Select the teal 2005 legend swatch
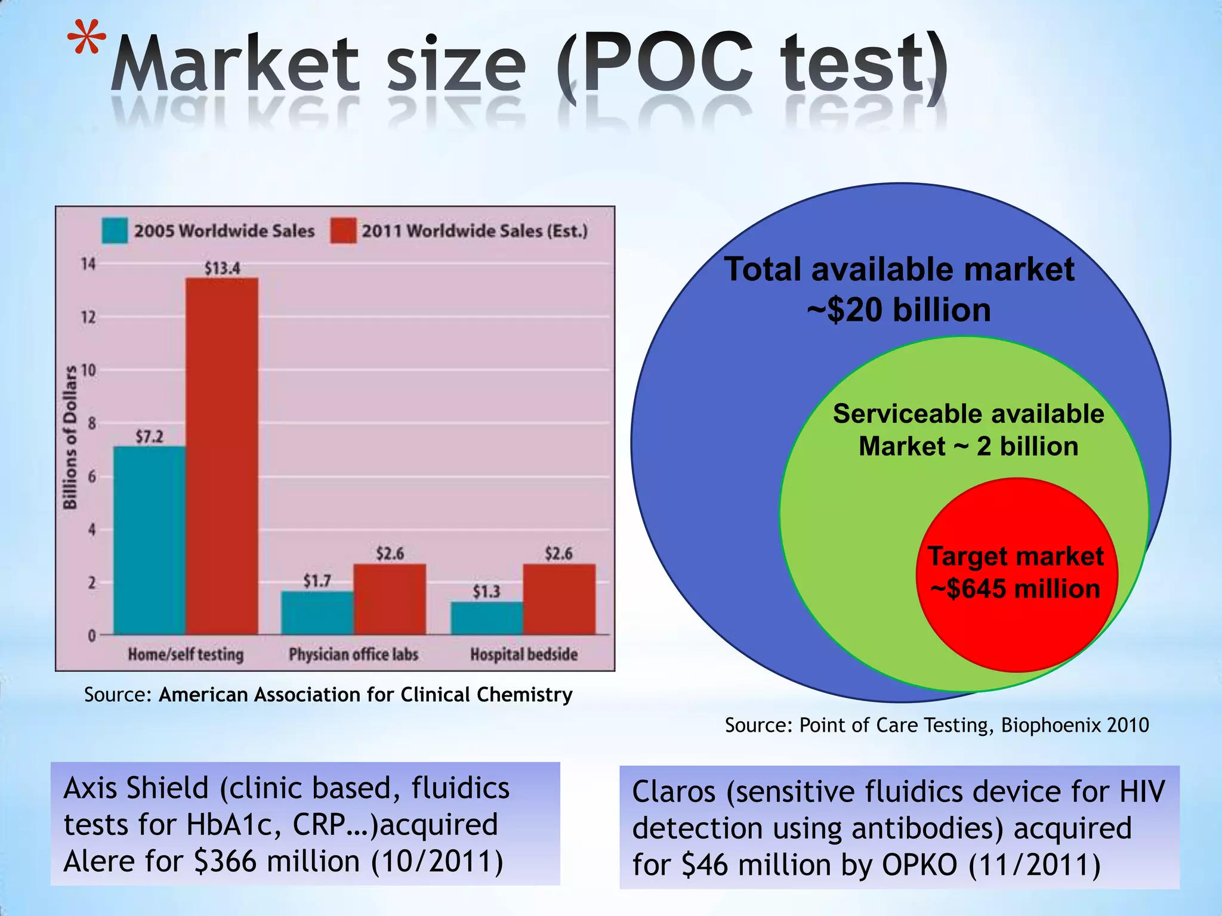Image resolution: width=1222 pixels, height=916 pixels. tap(115, 231)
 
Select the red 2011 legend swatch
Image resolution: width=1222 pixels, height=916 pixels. tap(343, 231)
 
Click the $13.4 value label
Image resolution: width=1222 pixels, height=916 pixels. tap(222, 268)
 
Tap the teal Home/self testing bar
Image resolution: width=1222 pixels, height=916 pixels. tap(149, 540)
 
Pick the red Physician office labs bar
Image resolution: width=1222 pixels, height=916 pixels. tap(390, 599)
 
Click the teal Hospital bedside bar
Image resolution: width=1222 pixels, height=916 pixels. tap(486, 618)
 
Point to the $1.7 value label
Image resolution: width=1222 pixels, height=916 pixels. tap(317, 580)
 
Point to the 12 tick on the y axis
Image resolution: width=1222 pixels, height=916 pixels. tap(88, 317)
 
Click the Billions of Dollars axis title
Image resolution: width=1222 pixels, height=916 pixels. tap(70, 437)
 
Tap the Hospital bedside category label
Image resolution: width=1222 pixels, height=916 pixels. tap(523, 655)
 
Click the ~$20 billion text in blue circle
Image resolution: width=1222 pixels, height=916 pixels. tap(899, 310)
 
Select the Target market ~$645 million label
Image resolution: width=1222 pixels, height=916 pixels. tap(1016, 572)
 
